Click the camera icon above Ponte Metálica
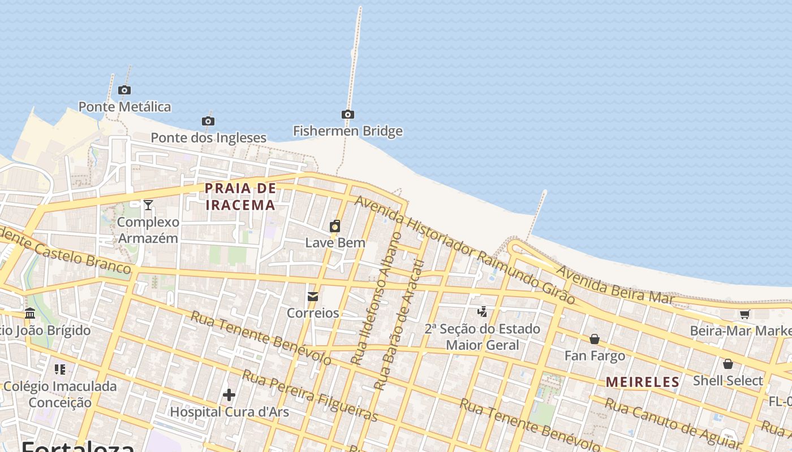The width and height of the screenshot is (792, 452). pos(124,90)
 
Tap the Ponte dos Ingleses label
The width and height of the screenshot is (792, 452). pos(208,137)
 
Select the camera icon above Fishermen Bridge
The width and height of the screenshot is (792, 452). pos(348,115)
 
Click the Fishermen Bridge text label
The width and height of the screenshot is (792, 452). pos(347,131)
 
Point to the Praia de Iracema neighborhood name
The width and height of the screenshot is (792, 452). pos(240,196)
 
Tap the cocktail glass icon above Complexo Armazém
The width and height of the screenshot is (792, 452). pos(148,205)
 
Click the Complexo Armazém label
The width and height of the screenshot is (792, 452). pos(148,230)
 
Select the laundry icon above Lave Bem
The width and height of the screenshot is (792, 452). pos(335,227)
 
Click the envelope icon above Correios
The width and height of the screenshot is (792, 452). pos(313,297)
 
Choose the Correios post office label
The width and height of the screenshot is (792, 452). pos(313,312)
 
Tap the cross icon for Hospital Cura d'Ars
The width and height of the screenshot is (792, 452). pos(229,395)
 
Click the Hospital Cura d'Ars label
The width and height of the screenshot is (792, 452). pos(229,412)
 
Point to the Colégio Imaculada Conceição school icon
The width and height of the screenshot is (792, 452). pos(60,370)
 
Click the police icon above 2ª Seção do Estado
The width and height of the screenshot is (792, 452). pos(483,311)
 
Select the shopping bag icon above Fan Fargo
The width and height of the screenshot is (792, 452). pos(595,339)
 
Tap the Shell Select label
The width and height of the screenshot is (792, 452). pos(728,380)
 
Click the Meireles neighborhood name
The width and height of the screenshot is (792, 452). pos(642,382)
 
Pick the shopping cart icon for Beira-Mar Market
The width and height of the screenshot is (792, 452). pos(744,315)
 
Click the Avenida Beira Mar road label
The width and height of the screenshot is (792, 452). pos(615,284)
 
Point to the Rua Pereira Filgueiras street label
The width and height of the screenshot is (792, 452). pos(310,396)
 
